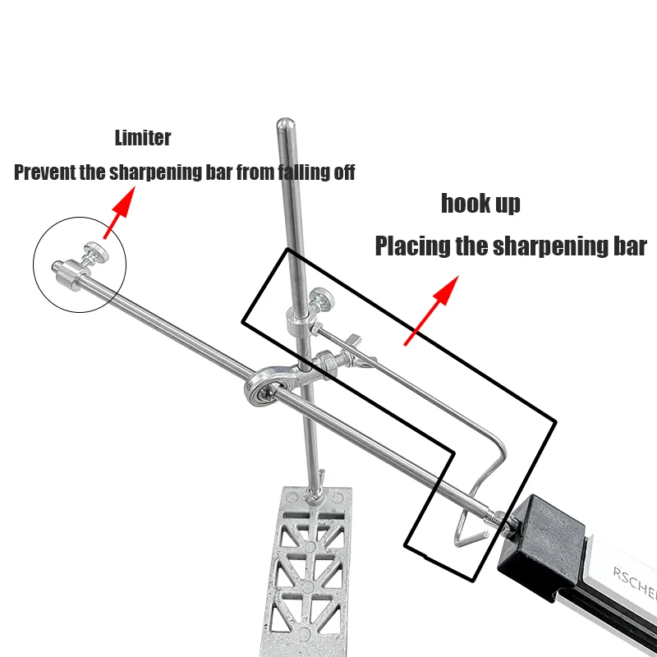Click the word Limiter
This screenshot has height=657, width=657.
click(x=144, y=138)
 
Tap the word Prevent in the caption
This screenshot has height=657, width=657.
click(x=46, y=173)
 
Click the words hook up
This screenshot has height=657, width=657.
click(x=480, y=203)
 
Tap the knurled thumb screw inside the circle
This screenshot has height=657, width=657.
click(x=97, y=253)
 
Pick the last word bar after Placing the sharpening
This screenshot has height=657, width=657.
click(x=630, y=246)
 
